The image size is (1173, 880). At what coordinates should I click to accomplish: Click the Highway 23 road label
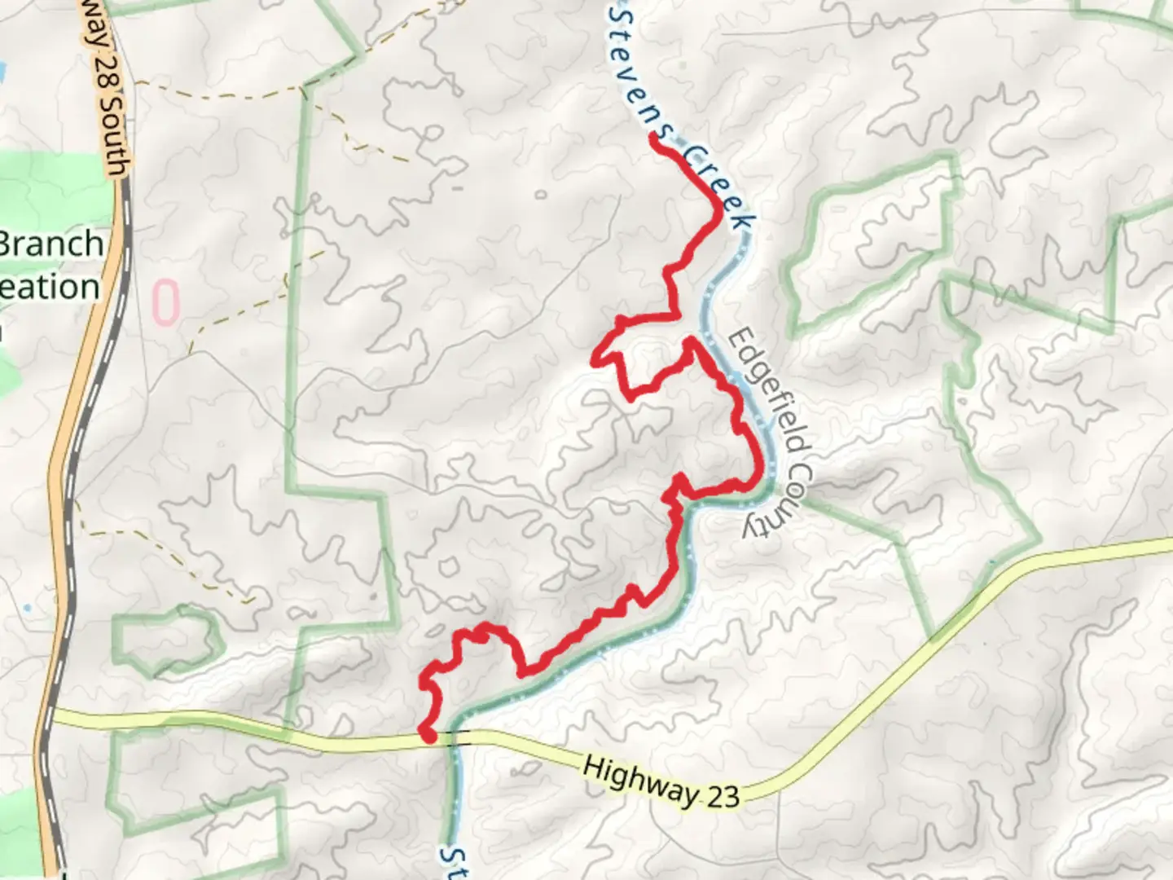tap(661, 781)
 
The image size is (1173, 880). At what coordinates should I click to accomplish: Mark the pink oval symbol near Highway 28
tap(165, 302)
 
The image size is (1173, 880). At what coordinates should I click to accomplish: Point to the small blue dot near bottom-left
tap(29, 608)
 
